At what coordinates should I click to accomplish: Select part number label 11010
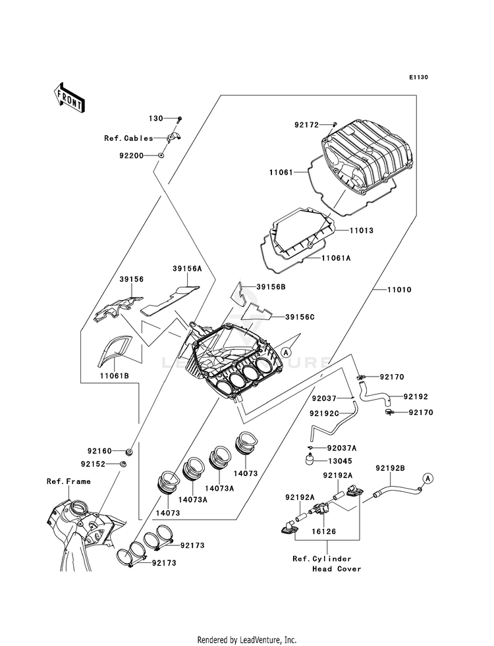coord(399,290)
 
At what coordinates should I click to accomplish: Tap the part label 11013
coord(362,230)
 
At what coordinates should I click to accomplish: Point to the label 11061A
coord(336,258)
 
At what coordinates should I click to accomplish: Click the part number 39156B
coord(271,286)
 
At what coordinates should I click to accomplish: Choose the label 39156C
coord(300,317)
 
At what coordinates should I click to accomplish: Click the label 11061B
coord(114,376)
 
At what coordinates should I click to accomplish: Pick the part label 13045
coord(340,462)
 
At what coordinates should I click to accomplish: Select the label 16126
coord(323,531)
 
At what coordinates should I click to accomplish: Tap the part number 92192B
coord(390,468)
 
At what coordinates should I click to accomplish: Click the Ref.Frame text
coord(69,481)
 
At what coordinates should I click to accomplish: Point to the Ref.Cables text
coord(128,138)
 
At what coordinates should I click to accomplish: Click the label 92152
coord(93,464)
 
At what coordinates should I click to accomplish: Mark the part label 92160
coord(99,451)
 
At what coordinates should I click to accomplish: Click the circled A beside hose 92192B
coord(427,478)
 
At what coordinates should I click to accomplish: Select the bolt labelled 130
coord(179,120)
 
